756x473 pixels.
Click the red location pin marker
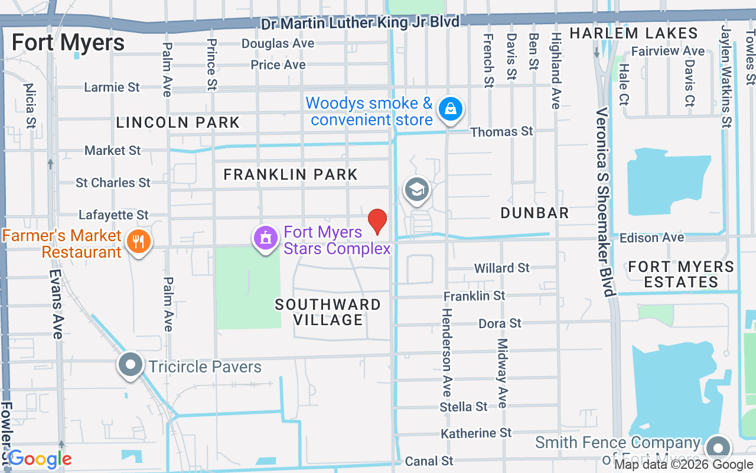pyautogui.click(x=377, y=222)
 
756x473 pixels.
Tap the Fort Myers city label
pyautogui.click(x=68, y=43)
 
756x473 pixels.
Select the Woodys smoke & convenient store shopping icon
pyautogui.click(x=451, y=109)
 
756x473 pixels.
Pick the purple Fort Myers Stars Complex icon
pyautogui.click(x=266, y=238)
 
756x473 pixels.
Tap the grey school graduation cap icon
pyautogui.click(x=417, y=190)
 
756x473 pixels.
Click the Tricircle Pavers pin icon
pyautogui.click(x=131, y=365)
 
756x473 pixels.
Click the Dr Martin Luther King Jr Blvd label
pyautogui.click(x=360, y=23)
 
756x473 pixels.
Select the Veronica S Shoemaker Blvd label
pyautogui.click(x=605, y=202)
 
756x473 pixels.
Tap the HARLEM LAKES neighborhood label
pyautogui.click(x=634, y=33)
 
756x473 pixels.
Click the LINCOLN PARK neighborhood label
pyautogui.click(x=178, y=123)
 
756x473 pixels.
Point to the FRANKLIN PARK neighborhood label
pyautogui.click(x=291, y=174)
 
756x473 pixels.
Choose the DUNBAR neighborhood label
pyautogui.click(x=535, y=213)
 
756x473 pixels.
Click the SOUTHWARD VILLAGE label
pyautogui.click(x=328, y=312)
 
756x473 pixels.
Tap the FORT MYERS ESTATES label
pyautogui.click(x=681, y=274)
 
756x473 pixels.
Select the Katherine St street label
pyautogui.click(x=476, y=433)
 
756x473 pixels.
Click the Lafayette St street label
pyautogui.click(x=113, y=215)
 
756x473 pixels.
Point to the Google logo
pyautogui.click(x=40, y=459)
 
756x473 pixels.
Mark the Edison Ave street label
pyautogui.click(x=651, y=238)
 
